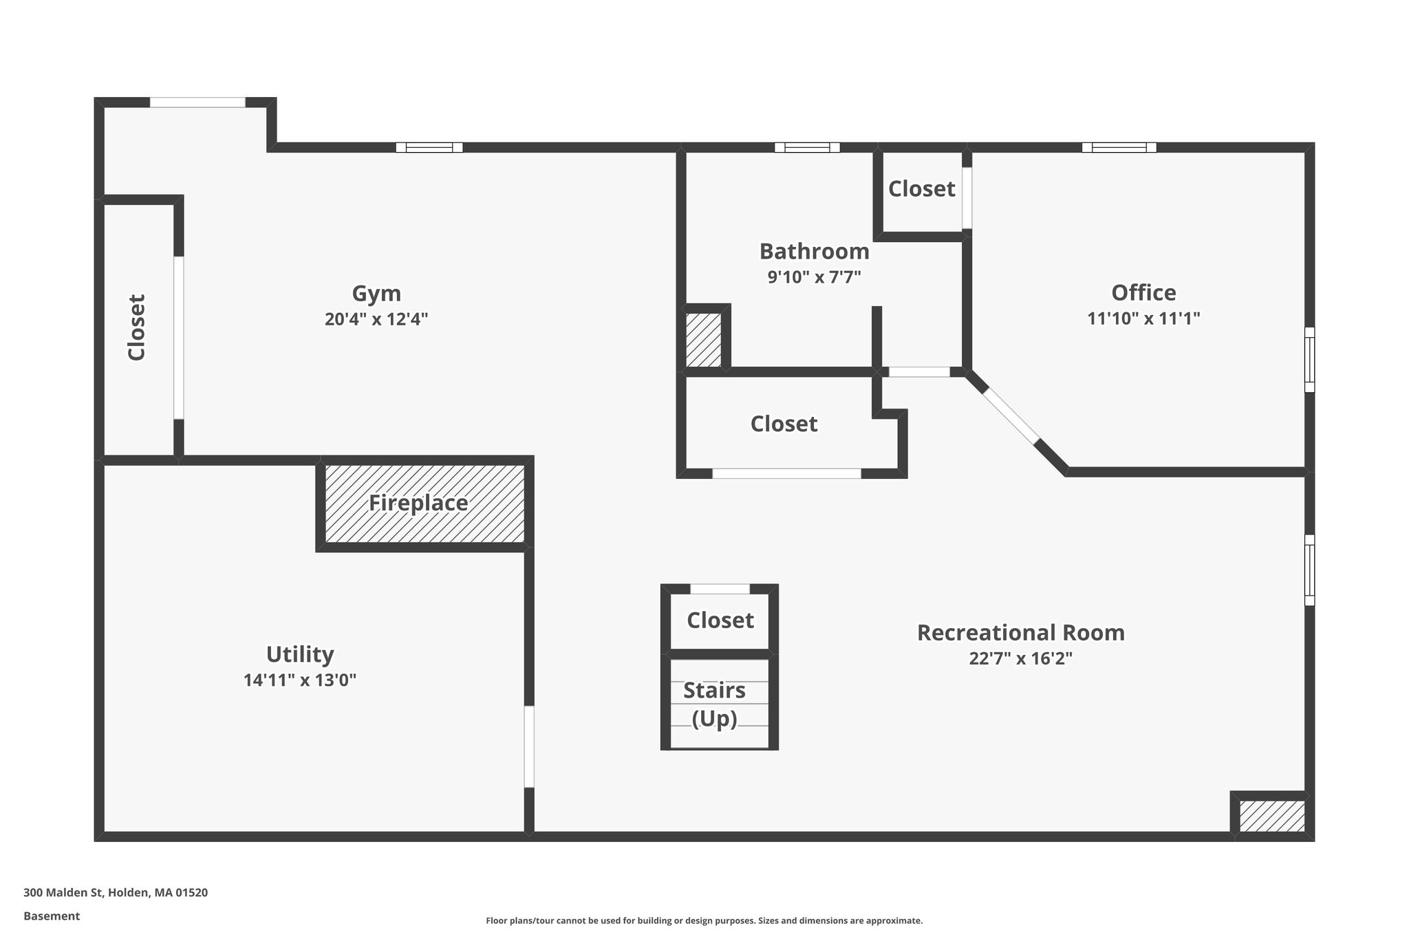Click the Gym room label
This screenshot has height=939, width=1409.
(x=376, y=294)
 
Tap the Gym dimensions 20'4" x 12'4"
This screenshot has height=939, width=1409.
(x=376, y=319)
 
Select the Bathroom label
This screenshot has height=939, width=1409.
(x=814, y=251)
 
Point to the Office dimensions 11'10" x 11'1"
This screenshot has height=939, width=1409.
(x=1143, y=319)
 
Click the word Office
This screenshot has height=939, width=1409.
(x=1143, y=292)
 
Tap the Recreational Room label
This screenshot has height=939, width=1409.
(x=1021, y=632)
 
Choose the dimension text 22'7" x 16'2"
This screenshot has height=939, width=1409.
(x=1021, y=658)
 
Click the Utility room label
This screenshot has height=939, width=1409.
(x=300, y=654)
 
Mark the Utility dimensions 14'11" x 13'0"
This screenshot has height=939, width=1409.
(x=300, y=680)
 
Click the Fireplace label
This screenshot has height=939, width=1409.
(x=418, y=503)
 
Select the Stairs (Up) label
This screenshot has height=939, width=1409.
(x=715, y=704)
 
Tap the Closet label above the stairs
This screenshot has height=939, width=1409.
(x=720, y=620)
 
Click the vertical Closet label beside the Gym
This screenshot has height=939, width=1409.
(x=137, y=327)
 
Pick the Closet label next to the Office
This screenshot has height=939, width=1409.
(x=921, y=188)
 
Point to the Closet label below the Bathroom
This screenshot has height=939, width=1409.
(x=784, y=424)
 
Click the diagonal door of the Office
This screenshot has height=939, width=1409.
(x=1011, y=416)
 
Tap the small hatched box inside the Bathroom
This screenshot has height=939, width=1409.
(x=704, y=340)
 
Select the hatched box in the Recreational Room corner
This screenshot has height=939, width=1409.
(x=1272, y=817)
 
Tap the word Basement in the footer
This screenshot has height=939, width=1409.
(x=52, y=916)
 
